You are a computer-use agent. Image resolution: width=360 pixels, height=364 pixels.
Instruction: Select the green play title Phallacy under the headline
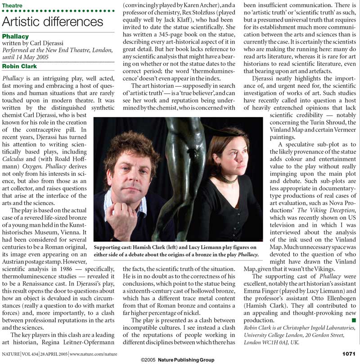tap(16, 36)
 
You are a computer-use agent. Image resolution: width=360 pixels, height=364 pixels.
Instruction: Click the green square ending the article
tap(354, 319)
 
